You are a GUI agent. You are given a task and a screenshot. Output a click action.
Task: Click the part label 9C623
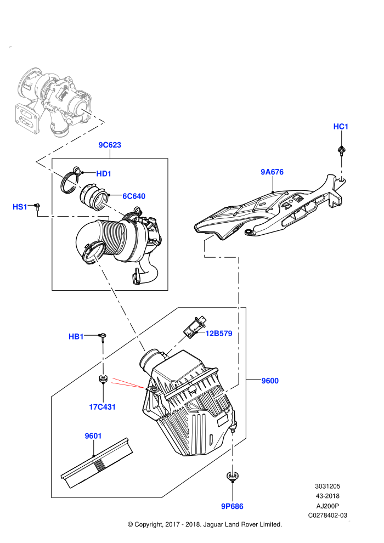click(x=110, y=145)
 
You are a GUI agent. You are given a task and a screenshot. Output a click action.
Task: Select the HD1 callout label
click(x=104, y=173)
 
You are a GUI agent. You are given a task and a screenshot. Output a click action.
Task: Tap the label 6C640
click(x=134, y=196)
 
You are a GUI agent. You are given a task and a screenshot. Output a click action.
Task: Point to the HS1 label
click(x=20, y=207)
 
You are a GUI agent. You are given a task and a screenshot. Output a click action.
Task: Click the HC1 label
click(x=341, y=126)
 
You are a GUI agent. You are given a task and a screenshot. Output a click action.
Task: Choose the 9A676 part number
click(x=272, y=172)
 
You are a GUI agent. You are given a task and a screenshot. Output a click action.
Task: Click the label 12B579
click(x=219, y=333)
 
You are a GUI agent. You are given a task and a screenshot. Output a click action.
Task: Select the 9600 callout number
click(x=270, y=381)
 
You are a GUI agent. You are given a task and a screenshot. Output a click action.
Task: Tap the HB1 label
click(x=76, y=336)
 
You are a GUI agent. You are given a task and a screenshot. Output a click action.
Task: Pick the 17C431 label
click(x=102, y=407)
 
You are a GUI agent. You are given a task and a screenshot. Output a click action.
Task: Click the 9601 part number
click(x=93, y=435)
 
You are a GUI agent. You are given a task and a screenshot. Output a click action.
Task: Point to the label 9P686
click(x=233, y=506)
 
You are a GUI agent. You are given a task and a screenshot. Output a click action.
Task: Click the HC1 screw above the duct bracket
click(x=342, y=151)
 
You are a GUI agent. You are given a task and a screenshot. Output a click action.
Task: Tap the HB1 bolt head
click(x=103, y=335)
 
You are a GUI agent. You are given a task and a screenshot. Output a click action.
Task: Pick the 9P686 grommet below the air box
click(x=233, y=476)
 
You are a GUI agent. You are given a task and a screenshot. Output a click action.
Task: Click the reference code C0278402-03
click(x=327, y=515)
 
